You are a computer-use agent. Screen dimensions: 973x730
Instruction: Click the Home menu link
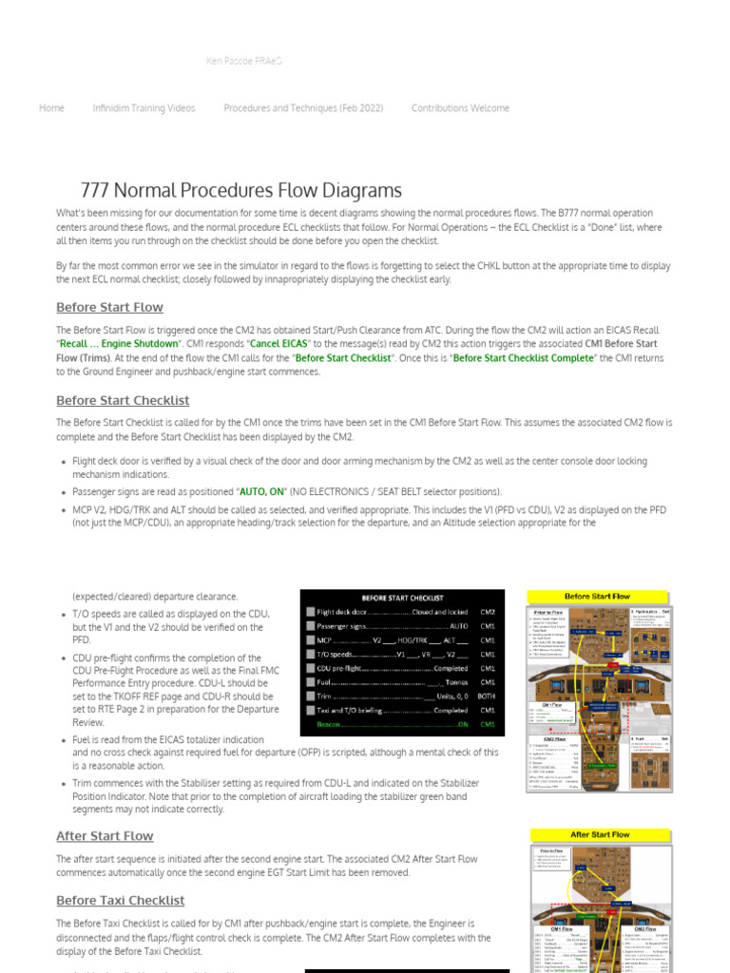[51, 108]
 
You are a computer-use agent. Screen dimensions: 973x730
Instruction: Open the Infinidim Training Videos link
[144, 108]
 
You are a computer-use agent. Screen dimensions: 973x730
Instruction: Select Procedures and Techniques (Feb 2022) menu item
[303, 108]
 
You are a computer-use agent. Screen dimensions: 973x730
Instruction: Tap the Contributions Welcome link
[460, 108]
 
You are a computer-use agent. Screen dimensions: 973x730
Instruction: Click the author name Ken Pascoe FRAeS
[243, 61]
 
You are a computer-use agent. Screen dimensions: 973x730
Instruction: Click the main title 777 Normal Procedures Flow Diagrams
[241, 190]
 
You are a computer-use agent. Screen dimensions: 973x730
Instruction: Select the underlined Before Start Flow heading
[109, 308]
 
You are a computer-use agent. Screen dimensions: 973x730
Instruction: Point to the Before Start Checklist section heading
[123, 401]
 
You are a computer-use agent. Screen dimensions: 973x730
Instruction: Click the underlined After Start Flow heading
[105, 836]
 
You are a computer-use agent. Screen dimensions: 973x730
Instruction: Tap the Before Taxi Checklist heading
[120, 901]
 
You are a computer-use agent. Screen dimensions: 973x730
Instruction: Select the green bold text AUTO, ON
[261, 492]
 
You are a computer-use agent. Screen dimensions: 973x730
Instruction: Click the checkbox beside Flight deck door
[310, 613]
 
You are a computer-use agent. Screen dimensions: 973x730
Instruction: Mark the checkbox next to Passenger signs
[310, 627]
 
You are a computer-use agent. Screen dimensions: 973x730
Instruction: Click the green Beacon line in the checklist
[393, 724]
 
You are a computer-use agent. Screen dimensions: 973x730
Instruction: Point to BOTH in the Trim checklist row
[487, 696]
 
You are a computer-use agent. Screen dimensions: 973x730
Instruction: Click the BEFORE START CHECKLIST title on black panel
[402, 598]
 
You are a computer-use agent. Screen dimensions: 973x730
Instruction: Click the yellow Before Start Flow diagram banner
[598, 597]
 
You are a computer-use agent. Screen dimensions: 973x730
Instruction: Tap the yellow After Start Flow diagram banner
[600, 834]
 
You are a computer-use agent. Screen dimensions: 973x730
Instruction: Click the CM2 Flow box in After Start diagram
[644, 928]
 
